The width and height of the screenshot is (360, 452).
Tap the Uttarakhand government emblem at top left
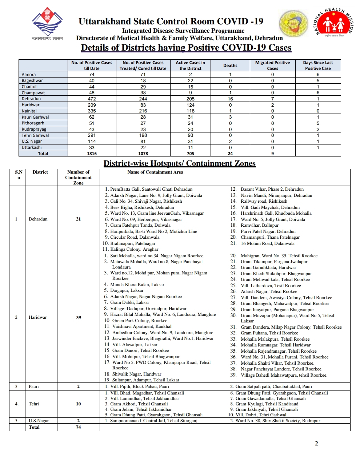point(47,23)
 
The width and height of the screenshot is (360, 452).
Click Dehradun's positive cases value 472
point(92,99)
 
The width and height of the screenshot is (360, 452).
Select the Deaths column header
point(230,66)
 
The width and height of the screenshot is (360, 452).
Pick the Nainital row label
point(29,111)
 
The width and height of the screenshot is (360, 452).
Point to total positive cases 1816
point(92,154)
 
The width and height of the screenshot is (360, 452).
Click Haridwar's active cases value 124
point(190,105)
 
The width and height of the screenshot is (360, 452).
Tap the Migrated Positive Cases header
point(272,66)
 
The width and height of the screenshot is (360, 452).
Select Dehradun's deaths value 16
point(230,99)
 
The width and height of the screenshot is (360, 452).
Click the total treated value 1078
point(143,154)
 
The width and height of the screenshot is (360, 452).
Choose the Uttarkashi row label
point(32,147)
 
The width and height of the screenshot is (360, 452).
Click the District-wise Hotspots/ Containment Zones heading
point(180,163)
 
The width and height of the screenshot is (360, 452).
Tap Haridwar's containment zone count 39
point(79,317)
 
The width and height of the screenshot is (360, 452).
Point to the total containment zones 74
point(78,427)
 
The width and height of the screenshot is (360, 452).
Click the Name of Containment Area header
point(155,172)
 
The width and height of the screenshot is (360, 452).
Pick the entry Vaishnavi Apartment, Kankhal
point(141,326)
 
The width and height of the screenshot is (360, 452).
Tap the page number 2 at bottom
point(316,443)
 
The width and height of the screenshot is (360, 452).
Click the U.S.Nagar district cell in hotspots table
point(39,421)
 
